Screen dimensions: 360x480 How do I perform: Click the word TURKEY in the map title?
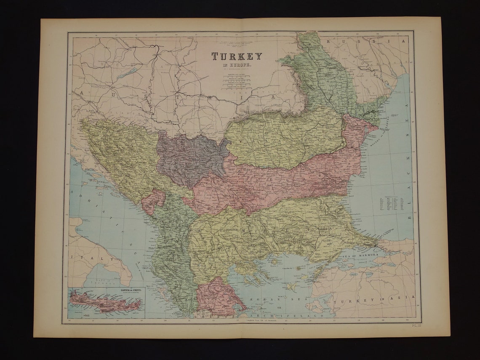point(236,56)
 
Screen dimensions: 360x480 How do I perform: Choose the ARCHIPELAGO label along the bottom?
point(286,315)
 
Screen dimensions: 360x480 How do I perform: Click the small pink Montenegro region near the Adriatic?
point(152,201)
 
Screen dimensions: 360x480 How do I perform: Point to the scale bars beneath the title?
point(236,82)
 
